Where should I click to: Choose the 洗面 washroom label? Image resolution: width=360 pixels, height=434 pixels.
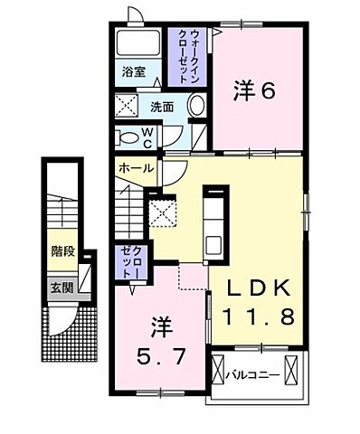[x=162, y=106]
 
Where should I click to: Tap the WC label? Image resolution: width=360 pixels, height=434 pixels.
[x=150, y=137]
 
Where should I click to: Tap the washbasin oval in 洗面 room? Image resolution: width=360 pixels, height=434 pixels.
[x=195, y=106]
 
